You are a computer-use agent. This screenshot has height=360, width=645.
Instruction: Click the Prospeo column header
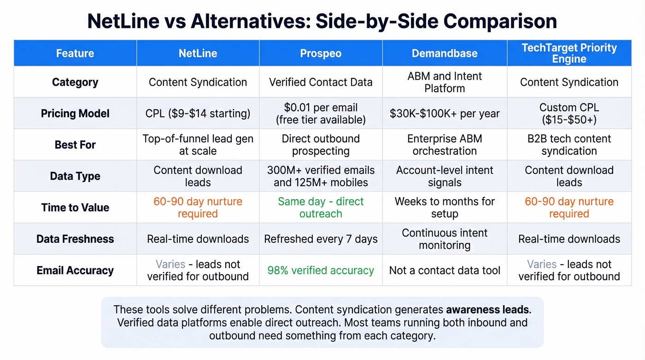[321, 53]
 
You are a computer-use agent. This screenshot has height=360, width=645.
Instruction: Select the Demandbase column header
[444, 53]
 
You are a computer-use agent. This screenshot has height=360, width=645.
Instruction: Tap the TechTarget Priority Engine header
[569, 53]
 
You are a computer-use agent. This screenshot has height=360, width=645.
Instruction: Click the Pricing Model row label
[75, 113]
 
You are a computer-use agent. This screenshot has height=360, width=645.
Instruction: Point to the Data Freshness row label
[75, 239]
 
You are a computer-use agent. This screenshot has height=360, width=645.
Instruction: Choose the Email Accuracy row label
[75, 270]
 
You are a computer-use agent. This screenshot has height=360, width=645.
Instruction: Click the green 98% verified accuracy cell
[321, 270]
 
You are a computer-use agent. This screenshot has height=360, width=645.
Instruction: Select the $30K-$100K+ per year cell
[444, 113]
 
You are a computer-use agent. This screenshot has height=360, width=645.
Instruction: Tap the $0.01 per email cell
[321, 113]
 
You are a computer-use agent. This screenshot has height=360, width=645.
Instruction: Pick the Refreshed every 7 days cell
[321, 239]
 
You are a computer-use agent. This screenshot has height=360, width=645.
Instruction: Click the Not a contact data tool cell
[444, 270]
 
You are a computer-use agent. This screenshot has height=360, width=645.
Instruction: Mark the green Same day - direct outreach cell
[321, 207]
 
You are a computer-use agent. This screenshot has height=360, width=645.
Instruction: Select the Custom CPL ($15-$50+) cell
[569, 113]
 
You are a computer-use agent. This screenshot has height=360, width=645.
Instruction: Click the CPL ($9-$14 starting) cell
[198, 113]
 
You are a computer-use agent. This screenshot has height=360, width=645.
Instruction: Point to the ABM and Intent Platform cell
[444, 82]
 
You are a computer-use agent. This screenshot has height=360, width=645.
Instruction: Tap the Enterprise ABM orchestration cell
[444, 145]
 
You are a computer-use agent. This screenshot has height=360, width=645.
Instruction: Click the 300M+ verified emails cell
[321, 176]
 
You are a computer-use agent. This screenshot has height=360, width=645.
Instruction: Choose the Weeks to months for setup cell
[444, 207]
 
